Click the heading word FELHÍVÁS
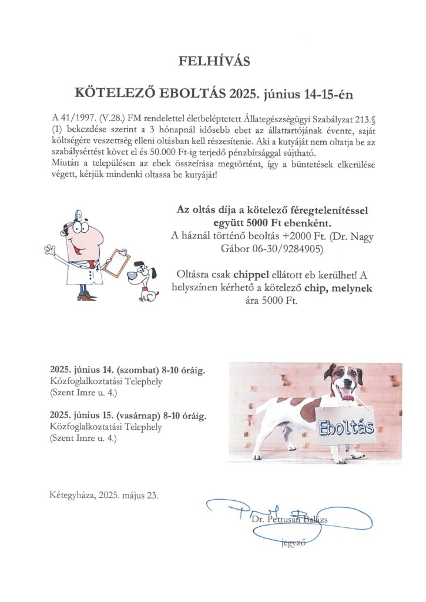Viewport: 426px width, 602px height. (213, 61)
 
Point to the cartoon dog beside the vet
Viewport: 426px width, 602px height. (145, 281)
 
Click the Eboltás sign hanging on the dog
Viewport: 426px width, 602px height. (346, 426)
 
